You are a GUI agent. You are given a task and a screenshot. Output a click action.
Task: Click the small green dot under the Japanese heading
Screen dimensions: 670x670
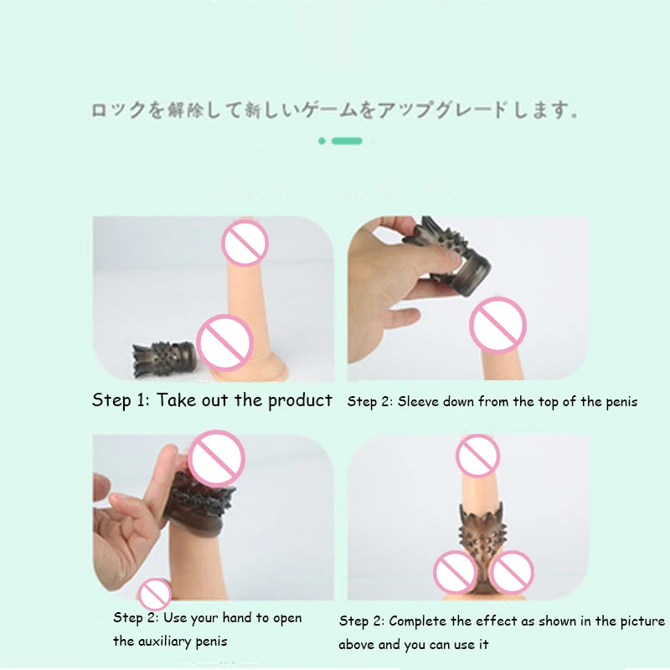[322, 141]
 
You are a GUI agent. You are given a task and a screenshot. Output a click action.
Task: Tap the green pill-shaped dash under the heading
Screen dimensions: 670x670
[347, 141]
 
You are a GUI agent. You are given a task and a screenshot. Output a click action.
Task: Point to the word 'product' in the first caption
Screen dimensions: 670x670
[300, 400]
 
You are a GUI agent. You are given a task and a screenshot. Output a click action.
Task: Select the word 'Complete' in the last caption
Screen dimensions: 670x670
[420, 621]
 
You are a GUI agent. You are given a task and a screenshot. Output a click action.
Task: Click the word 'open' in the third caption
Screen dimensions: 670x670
[286, 618]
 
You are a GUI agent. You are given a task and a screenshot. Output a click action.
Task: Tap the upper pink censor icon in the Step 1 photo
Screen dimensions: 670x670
[245, 243]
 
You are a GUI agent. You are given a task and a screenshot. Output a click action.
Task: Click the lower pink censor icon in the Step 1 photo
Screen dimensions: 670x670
[224, 343]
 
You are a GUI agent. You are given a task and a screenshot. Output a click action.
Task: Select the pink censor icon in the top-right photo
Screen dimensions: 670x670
[497, 325]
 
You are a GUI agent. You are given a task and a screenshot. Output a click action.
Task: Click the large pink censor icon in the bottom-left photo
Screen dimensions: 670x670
[216, 459]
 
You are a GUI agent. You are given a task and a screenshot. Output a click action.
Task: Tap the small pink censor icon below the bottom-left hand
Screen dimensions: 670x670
[154, 594]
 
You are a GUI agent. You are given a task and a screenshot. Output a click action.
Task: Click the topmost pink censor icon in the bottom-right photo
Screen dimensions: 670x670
[477, 456]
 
